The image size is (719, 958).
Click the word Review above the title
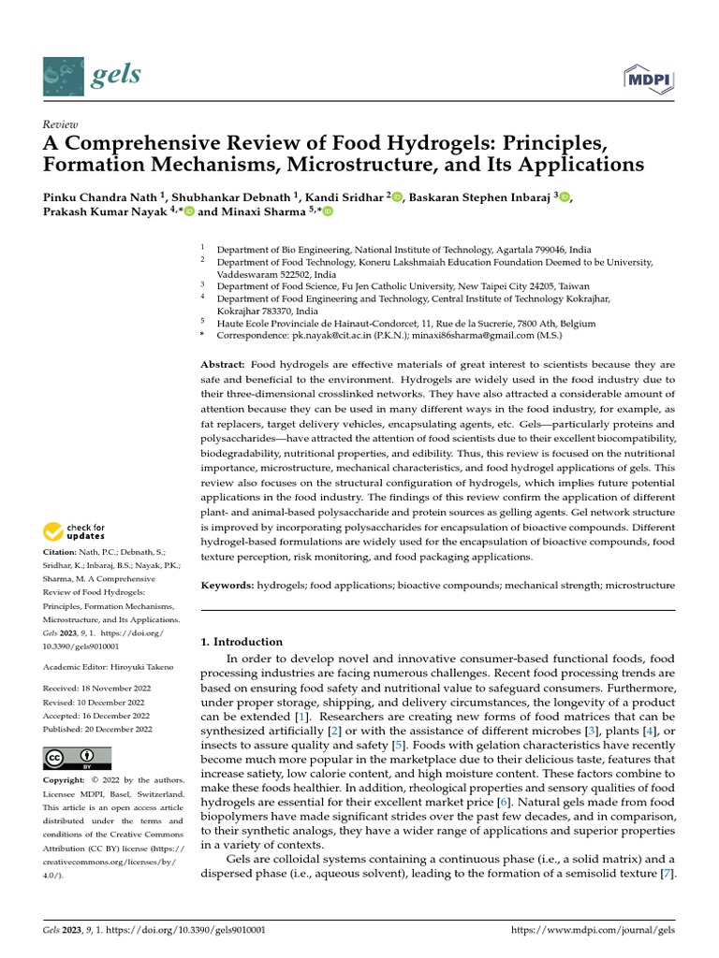pyautogui.click(x=61, y=124)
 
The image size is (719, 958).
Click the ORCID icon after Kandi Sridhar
pyautogui.click(x=396, y=196)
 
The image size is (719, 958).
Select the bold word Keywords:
pyautogui.click(x=227, y=585)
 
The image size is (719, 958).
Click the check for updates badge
pyautogui.click(x=75, y=532)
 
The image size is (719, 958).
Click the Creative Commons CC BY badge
pyautogui.click(x=78, y=758)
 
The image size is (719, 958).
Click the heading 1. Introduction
pyautogui.click(x=242, y=642)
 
